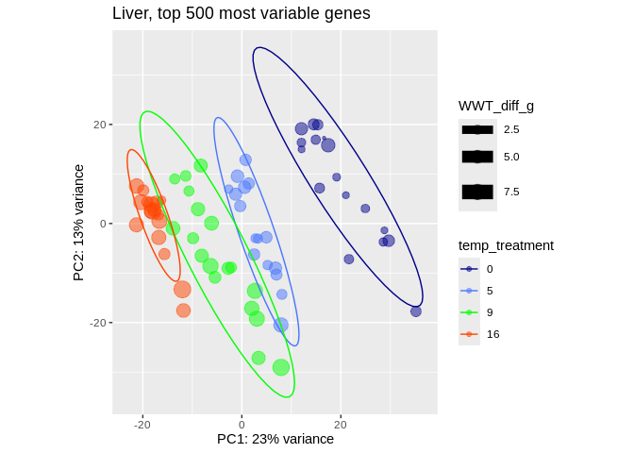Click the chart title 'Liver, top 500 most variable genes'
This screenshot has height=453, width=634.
241,14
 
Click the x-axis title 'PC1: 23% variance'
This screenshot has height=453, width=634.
275,439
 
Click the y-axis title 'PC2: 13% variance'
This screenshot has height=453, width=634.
79,223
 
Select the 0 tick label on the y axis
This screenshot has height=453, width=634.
102,224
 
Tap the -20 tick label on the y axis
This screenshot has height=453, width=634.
96,323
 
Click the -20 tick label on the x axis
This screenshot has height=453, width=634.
142,425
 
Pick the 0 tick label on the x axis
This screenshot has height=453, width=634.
242,425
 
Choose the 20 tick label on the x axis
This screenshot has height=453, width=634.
340,425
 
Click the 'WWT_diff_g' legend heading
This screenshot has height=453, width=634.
496,106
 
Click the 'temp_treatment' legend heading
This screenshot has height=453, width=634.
506,245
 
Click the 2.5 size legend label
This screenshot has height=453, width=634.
511,129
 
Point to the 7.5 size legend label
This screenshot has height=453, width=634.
511,192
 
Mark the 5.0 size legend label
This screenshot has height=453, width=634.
511,157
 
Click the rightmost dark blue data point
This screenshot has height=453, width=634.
416,311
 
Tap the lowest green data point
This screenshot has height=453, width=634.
281,367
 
